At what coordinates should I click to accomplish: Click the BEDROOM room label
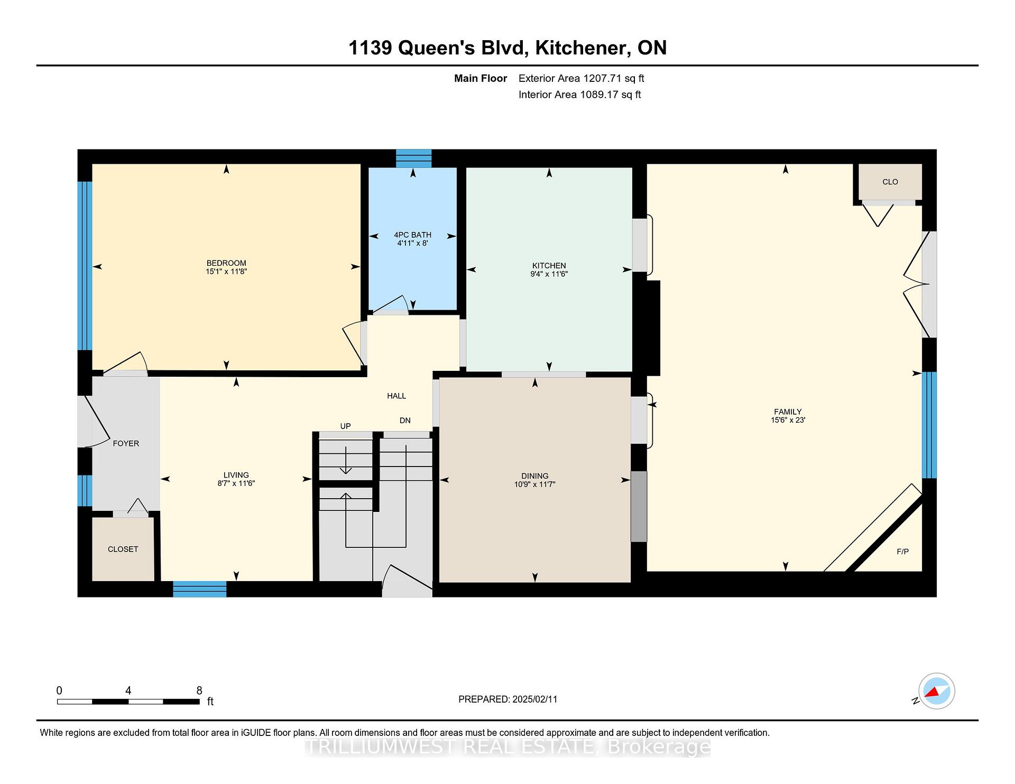[x=226, y=263]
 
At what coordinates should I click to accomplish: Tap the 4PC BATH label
[x=413, y=235]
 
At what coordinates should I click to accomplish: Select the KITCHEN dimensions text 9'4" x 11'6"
[x=549, y=274]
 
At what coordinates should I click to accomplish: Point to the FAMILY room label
[x=788, y=412]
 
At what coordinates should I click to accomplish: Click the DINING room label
[x=534, y=475]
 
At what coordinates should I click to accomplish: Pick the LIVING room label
[x=236, y=474]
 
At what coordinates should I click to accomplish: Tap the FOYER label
[x=126, y=443]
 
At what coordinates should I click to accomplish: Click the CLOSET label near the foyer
[x=123, y=549]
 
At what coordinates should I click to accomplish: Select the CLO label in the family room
[x=890, y=182]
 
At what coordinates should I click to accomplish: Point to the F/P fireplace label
[x=903, y=552]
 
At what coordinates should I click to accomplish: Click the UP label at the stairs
[x=345, y=426]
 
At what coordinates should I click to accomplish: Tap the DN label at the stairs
[x=405, y=421]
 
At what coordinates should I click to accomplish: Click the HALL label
[x=396, y=396]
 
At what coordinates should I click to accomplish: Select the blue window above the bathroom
[x=414, y=158]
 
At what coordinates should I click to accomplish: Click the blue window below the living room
[x=200, y=589]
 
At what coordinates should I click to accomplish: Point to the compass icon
[x=936, y=691]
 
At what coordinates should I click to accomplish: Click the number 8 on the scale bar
[x=199, y=690]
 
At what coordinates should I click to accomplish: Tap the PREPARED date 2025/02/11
[x=534, y=699]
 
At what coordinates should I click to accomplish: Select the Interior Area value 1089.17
[x=599, y=95]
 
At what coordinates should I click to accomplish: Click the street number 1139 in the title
[x=370, y=48]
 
